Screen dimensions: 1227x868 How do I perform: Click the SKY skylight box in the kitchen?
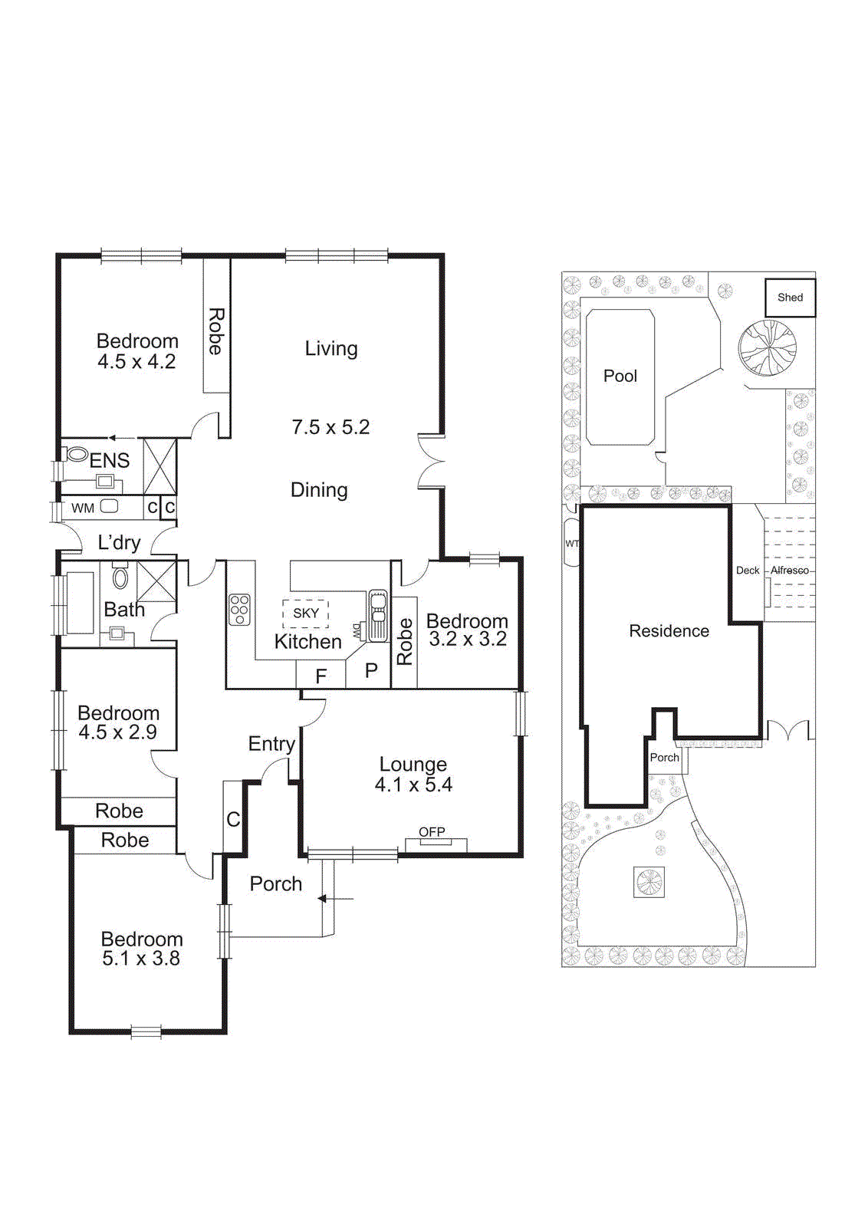pos(305,613)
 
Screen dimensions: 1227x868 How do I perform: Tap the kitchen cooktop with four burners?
pos(240,610)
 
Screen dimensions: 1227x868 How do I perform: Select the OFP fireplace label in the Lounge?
pos(432,832)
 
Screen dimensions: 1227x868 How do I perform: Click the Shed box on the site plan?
pos(790,298)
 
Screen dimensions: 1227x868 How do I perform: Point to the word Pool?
pos(620,376)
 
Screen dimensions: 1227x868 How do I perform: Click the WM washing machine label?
pos(83,508)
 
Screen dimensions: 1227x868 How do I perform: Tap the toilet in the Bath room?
pos(120,576)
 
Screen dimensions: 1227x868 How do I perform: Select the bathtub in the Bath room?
pos(80,603)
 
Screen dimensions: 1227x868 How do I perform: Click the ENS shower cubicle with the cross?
pos(159,466)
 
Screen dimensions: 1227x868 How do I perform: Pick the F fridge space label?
pos(321,676)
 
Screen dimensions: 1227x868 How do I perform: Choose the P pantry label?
pos(371,671)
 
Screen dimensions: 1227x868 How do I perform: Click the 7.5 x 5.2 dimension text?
pos(330,427)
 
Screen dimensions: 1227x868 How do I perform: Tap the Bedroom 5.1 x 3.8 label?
pos(142,949)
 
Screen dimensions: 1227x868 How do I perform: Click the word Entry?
pos(271,744)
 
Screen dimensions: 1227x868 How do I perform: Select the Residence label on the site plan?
pos(669,631)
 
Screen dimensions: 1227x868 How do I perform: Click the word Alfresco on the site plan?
pos(790,571)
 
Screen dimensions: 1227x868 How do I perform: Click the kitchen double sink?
pos(377,615)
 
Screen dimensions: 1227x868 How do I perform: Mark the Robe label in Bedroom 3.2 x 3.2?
pos(405,641)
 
